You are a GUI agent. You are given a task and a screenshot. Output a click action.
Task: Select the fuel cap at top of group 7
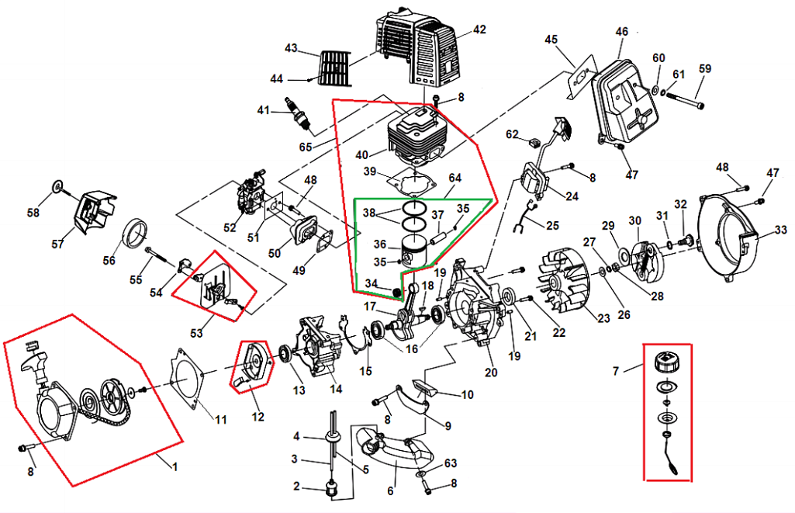[667, 362]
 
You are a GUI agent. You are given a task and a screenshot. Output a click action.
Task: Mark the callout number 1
[175, 467]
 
